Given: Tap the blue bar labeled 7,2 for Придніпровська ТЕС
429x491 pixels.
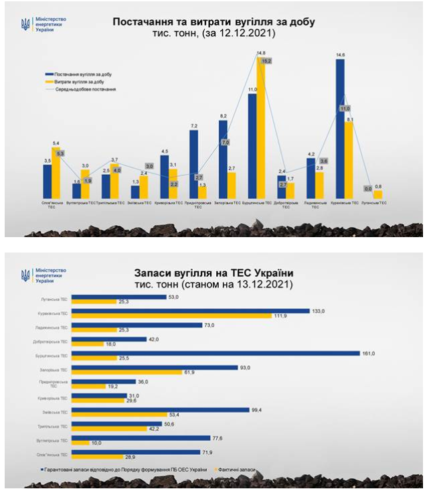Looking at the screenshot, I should [193, 164].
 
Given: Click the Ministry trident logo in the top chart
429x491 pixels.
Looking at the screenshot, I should [25, 24].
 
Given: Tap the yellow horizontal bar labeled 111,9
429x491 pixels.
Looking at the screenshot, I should [171, 315].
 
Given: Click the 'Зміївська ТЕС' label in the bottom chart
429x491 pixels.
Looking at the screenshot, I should [52, 412].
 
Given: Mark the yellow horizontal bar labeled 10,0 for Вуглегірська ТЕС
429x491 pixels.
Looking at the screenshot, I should [80, 443].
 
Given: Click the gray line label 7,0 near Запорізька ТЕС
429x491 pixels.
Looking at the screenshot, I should [226, 143].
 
